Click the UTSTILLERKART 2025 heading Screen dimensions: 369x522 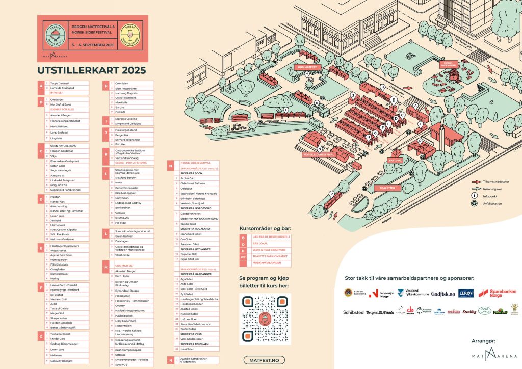pos(92,70)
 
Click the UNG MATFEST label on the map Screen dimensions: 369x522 pos(308,66)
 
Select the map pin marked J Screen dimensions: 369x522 pos(352,95)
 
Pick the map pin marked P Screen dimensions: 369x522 pos(331,194)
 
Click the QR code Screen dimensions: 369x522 pos(265,319)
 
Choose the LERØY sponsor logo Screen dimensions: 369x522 pos(466,293)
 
